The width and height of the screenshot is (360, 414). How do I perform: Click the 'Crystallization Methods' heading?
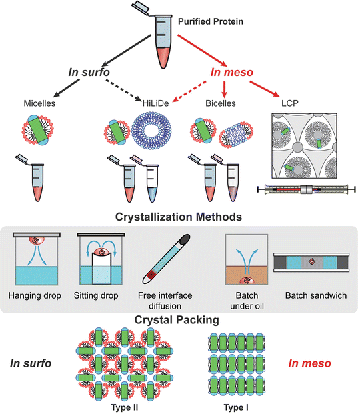pos(179,217)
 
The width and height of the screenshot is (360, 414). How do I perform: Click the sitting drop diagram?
pos(102,260)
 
